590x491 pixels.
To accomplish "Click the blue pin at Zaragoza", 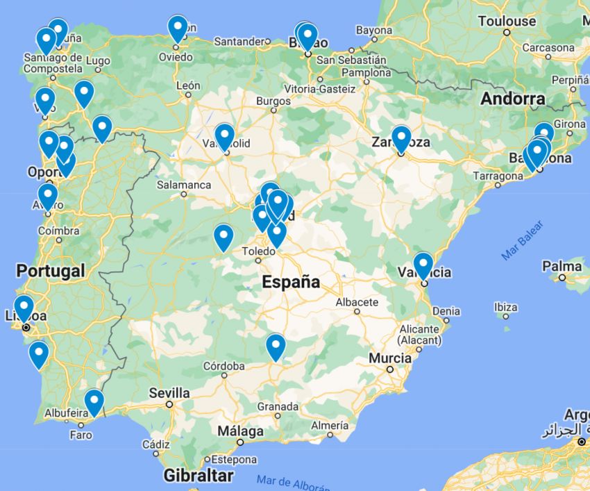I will coord(401,138).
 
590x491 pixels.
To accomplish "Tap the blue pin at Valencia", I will coord(423,265).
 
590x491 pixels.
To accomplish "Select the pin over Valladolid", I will coord(224,135).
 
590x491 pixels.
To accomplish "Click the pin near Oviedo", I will coord(178,28).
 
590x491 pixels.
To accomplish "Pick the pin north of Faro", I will coord(94,401).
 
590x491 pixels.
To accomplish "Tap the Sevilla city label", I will coord(169,392).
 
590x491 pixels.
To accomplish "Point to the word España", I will coord(291,283).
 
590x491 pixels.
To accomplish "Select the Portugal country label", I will coord(51,271).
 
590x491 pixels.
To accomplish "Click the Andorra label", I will coord(513,99).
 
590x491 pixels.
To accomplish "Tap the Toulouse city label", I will coord(507,22).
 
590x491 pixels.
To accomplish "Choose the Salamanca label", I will coord(184,185).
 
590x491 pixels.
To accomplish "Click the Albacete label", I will coord(357,302).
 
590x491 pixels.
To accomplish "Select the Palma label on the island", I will coord(562,266).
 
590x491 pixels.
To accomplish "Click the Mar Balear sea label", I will coord(522,240).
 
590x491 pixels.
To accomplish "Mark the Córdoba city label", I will coord(224,366).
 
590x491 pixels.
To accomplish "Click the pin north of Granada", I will coord(276,347).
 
